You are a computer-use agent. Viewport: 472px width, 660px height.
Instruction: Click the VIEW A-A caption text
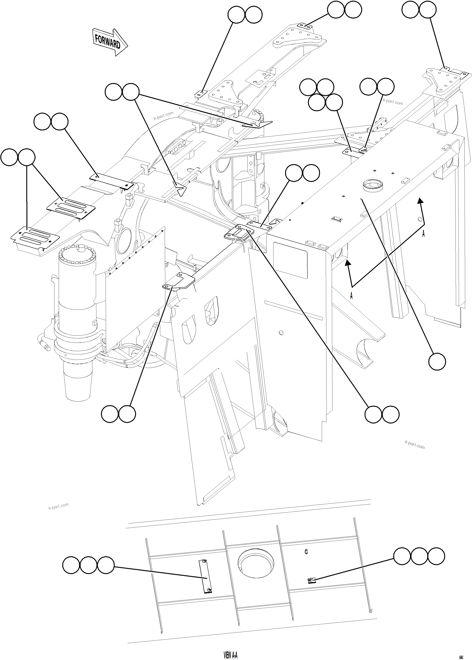click(x=230, y=647)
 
